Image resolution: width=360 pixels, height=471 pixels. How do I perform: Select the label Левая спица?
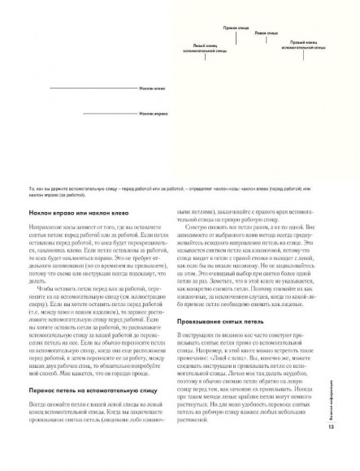pos(265,33)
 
